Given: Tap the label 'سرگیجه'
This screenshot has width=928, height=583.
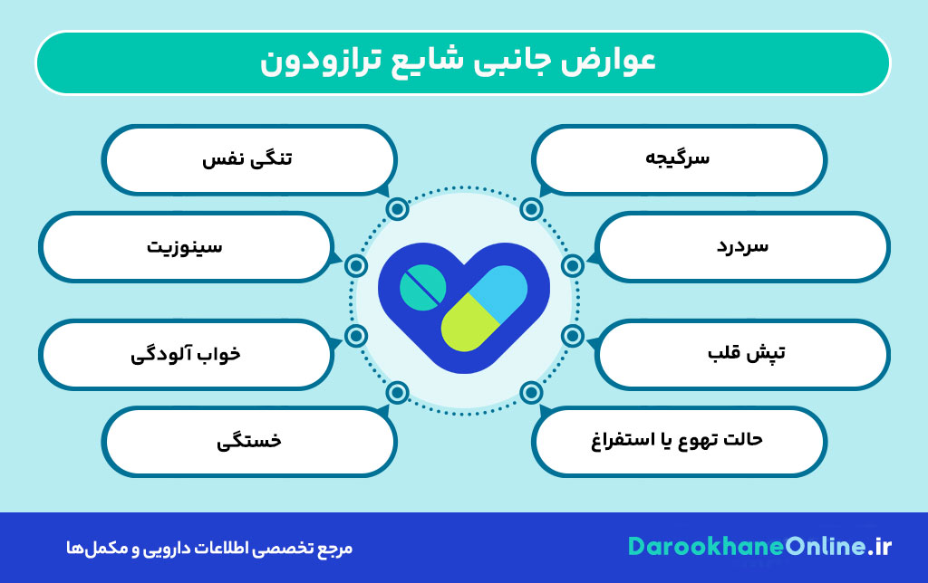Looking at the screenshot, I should coord(680,159).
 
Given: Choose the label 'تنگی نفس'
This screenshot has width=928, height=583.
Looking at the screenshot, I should coord(247,159).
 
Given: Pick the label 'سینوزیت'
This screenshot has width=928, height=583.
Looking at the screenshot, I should coord(185,245).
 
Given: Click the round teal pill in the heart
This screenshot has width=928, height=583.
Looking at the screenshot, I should coord(422,287).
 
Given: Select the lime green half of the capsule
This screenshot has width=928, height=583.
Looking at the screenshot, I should coord(466,327).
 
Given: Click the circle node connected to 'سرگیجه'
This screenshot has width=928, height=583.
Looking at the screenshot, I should coord(531,210).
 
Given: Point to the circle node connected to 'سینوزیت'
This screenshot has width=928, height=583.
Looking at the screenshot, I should coord(356,265).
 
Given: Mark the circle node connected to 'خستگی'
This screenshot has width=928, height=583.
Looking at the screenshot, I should coord(397,393).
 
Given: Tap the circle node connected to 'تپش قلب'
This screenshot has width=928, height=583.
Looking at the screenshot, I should coord(572,336).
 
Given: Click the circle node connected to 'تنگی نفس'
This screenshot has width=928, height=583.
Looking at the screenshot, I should coord(397,210).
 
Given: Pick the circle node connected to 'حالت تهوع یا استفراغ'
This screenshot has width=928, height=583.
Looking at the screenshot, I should coord(531,393).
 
